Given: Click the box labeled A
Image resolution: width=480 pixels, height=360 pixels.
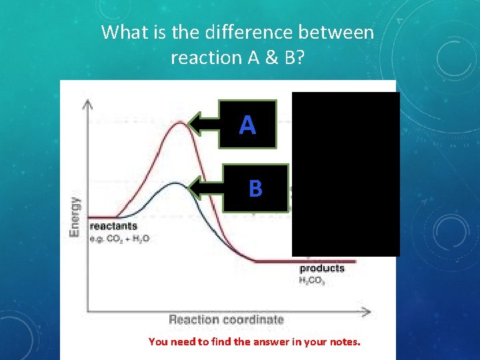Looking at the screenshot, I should (247, 125).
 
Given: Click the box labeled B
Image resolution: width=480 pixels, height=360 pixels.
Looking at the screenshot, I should (255, 188).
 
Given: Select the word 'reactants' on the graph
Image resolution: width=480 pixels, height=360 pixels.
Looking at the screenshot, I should (113, 227).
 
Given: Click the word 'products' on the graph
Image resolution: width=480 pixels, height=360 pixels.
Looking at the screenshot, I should (322, 269).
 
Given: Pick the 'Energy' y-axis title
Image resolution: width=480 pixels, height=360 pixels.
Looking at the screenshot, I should (75, 215).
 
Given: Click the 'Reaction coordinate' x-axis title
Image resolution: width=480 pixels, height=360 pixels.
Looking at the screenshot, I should (226, 320).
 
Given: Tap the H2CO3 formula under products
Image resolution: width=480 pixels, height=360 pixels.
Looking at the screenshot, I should (312, 281).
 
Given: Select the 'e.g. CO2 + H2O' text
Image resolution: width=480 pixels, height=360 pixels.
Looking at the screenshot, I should (119, 238).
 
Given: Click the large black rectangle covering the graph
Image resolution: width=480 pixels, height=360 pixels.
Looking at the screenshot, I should (345, 173).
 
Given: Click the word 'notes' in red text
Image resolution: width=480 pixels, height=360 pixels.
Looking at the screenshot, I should (346, 342).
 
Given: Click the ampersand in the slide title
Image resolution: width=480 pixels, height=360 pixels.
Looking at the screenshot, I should (269, 58).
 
